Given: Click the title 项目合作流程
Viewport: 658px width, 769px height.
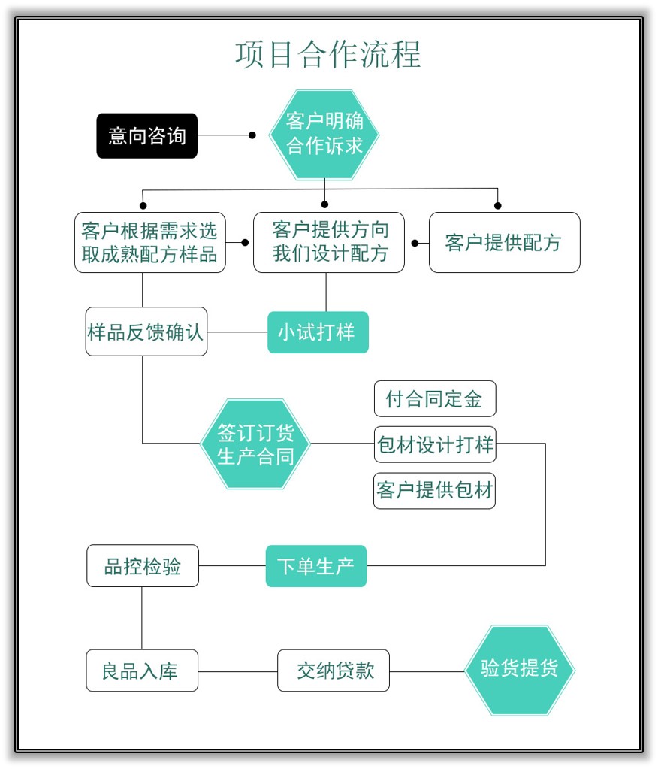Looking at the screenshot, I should coord(328,55).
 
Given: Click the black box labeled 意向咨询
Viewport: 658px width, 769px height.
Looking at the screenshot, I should coord(147,136).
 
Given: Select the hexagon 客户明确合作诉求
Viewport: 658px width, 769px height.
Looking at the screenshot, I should coord(324,135).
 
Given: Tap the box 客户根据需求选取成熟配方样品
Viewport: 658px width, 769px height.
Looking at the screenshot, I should coord(149,242).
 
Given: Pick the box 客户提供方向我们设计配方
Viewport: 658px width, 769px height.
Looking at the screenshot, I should coord(329,242).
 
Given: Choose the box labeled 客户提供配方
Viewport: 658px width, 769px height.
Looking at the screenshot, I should coord(504,243).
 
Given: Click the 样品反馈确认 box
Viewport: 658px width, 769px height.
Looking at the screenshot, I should coord(146,332).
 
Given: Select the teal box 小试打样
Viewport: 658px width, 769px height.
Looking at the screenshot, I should coord(318,332).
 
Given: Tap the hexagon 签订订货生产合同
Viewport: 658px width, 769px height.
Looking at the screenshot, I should coord(255,444).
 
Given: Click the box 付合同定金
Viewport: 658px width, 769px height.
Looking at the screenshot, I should coord(435,398).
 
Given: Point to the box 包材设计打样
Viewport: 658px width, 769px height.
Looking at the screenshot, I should coord(435,444).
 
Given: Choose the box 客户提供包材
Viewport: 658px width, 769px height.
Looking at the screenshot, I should coord(435,490).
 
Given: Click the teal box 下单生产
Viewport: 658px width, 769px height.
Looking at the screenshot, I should coord(316,566).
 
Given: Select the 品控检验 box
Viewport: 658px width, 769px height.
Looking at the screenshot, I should coord(143,566).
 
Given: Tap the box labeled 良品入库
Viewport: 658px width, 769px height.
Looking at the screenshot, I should coord(142,671).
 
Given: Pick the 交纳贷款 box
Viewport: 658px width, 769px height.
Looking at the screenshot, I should coord(334,671).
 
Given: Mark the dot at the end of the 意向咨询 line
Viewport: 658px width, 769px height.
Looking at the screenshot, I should coord(252,136).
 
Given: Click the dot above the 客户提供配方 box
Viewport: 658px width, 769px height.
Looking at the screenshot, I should coord(497,205).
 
